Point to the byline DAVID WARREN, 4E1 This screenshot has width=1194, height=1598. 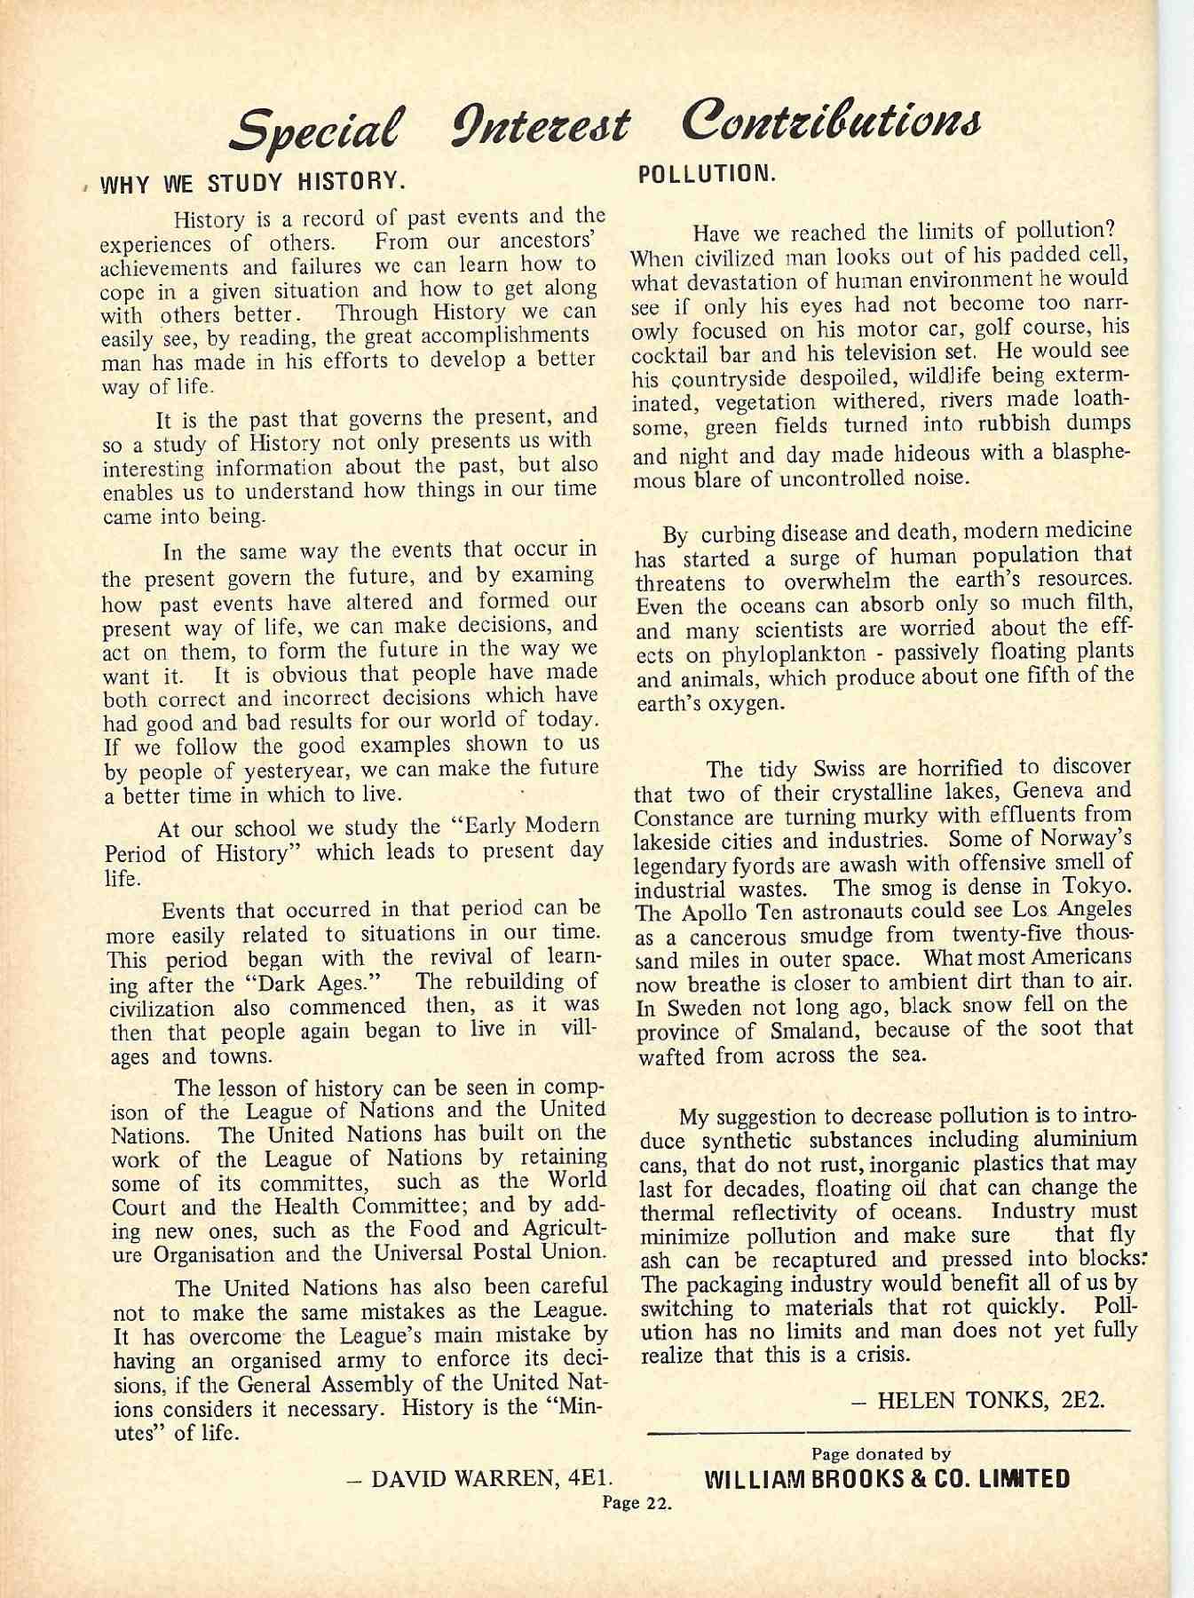(486, 1479)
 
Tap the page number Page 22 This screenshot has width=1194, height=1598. (636, 1503)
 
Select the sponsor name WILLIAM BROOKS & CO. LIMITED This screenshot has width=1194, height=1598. (886, 1479)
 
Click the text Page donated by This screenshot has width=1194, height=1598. (882, 1454)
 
